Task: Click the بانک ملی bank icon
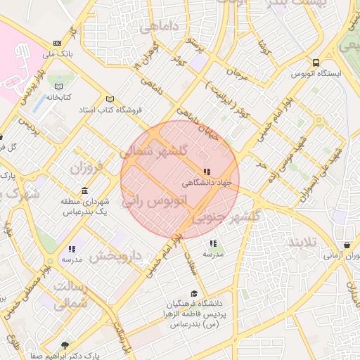point(57,43)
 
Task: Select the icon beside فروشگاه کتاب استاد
point(108,99)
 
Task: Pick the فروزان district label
point(86,168)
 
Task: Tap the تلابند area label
point(302,242)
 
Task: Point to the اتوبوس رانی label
point(156,200)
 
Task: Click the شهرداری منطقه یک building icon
point(85,191)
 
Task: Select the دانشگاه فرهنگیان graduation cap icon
point(194,294)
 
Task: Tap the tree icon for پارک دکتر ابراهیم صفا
point(65,345)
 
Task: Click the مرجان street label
point(238,72)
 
